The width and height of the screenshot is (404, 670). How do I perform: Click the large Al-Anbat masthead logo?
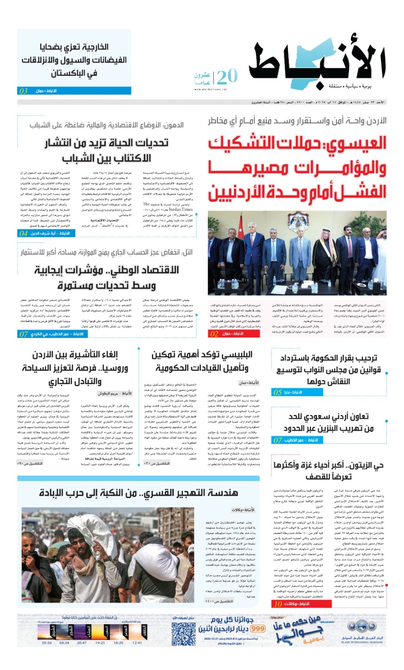click(x=317, y=63)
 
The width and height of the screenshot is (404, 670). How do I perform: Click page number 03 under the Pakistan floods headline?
click(x=24, y=91)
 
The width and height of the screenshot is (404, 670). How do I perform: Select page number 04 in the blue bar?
click(x=24, y=233)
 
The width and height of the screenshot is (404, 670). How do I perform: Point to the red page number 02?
click(x=214, y=334)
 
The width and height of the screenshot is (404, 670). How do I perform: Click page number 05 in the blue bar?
click(x=278, y=392)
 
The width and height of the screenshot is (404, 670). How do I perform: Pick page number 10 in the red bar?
click(x=278, y=604)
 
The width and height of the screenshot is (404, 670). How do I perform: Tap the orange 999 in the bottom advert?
click(x=258, y=629)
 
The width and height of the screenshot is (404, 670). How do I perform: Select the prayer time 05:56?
click(x=47, y=643)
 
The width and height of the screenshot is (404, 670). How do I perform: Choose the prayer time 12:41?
click(x=137, y=643)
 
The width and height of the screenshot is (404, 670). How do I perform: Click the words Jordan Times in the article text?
click(x=180, y=209)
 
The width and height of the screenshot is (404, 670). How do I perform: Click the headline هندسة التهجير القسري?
click(x=139, y=492)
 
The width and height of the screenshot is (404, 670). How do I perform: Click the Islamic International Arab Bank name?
click(x=362, y=639)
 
